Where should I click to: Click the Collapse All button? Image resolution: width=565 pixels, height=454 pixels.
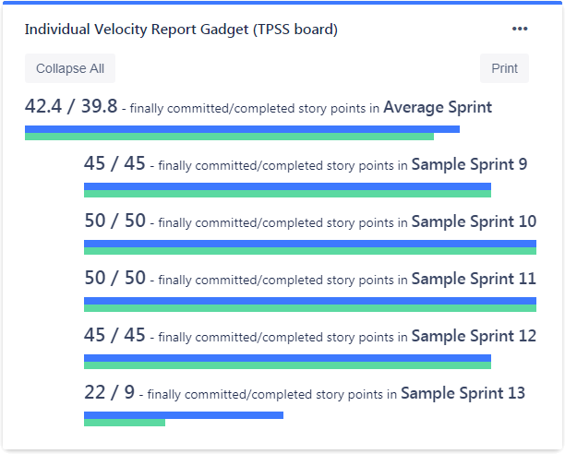point(70,68)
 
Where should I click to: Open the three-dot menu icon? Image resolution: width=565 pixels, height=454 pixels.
point(520,29)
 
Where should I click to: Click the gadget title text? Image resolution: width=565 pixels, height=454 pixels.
point(181,30)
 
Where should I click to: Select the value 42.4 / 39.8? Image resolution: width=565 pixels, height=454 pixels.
point(71,107)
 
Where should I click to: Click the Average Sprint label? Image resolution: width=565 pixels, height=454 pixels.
point(438,107)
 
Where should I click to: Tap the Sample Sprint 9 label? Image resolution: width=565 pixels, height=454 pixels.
point(469,164)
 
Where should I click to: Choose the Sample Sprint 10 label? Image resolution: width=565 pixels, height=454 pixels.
point(474,221)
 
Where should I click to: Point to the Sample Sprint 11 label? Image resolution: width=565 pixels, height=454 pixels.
point(474,279)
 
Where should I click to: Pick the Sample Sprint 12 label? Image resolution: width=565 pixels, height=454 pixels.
point(474,336)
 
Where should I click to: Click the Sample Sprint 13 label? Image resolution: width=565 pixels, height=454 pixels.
point(463,393)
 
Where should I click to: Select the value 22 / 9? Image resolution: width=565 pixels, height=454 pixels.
point(109,393)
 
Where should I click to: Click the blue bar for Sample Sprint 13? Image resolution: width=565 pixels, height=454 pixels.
point(184,415)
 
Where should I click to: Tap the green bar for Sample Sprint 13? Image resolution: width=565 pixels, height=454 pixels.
point(125,423)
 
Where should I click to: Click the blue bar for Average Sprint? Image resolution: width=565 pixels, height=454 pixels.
point(242,129)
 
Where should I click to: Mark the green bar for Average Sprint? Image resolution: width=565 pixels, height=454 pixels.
point(229,137)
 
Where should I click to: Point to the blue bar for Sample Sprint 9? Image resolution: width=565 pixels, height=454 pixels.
point(287,186)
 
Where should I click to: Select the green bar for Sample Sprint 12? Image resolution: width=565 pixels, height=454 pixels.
point(287,365)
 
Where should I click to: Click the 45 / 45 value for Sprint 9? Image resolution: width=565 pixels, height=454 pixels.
point(114,164)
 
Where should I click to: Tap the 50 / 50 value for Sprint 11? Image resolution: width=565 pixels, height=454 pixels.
point(114,279)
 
